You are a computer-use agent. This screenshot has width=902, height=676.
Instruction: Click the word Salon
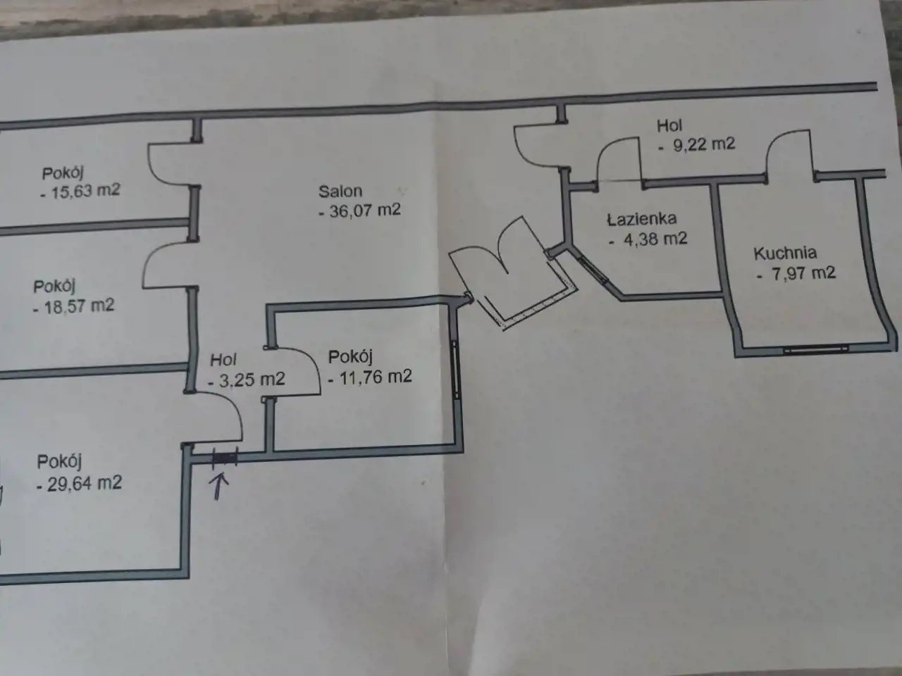tap(340, 192)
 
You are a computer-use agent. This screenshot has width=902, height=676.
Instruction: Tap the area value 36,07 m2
tap(364, 211)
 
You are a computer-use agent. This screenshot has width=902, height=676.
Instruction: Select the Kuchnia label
tap(785, 254)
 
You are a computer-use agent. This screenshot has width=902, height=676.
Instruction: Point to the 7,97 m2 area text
tap(803, 273)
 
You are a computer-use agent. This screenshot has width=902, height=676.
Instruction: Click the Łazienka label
tap(642, 219)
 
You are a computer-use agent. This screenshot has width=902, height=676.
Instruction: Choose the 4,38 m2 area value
tap(655, 239)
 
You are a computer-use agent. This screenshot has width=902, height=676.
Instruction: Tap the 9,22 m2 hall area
tap(703, 144)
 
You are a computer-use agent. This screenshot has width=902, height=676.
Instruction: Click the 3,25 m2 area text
tap(252, 380)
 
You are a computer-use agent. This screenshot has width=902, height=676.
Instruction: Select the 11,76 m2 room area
tap(375, 377)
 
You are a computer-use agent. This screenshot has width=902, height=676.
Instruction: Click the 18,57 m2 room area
tap(79, 306)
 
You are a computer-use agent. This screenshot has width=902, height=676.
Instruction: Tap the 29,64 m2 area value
tap(85, 484)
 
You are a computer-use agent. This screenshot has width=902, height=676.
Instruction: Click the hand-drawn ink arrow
tap(220, 486)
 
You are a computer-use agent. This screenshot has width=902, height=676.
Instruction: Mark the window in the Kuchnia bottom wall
tap(816, 350)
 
